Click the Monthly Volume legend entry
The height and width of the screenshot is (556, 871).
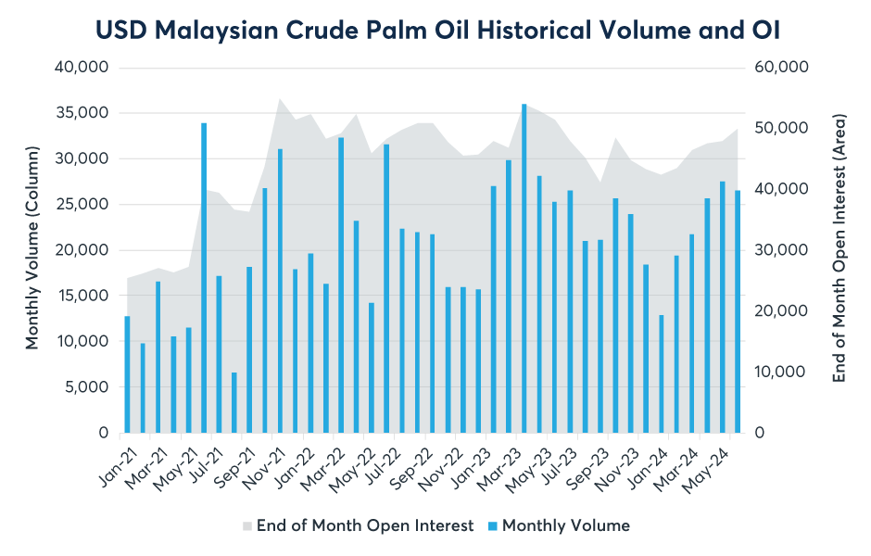tap(565, 525)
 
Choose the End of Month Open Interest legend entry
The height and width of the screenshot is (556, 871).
tap(365, 525)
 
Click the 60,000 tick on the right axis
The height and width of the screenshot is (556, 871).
tap(785, 68)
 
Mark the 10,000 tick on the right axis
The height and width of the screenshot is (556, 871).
tap(785, 373)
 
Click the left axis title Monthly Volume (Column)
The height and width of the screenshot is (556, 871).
tap(32, 247)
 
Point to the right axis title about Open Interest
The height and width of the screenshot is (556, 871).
tap(839, 248)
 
